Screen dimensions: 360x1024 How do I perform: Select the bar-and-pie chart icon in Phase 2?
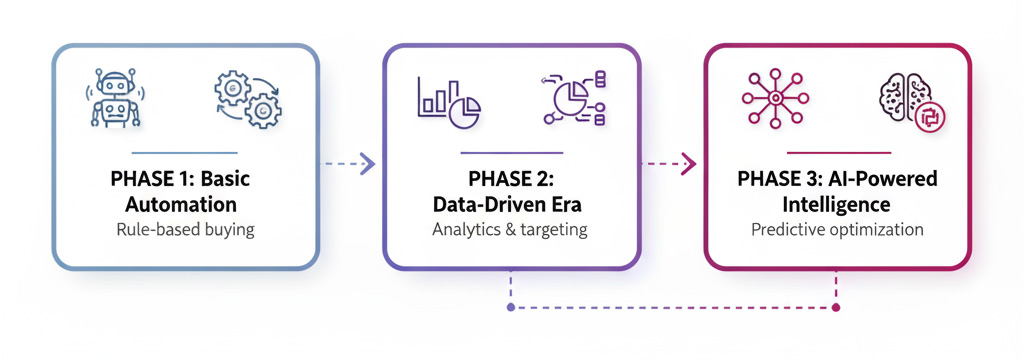click(x=448, y=101)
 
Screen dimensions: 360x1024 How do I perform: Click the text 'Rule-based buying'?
click(x=185, y=229)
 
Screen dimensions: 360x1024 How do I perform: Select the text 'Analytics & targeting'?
click(x=510, y=229)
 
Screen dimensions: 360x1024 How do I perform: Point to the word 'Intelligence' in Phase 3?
click(x=836, y=205)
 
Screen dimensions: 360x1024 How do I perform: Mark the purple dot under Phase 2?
click(x=511, y=307)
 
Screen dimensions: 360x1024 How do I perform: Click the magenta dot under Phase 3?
click(x=836, y=307)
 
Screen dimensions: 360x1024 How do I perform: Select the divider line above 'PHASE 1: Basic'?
click(x=185, y=153)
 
